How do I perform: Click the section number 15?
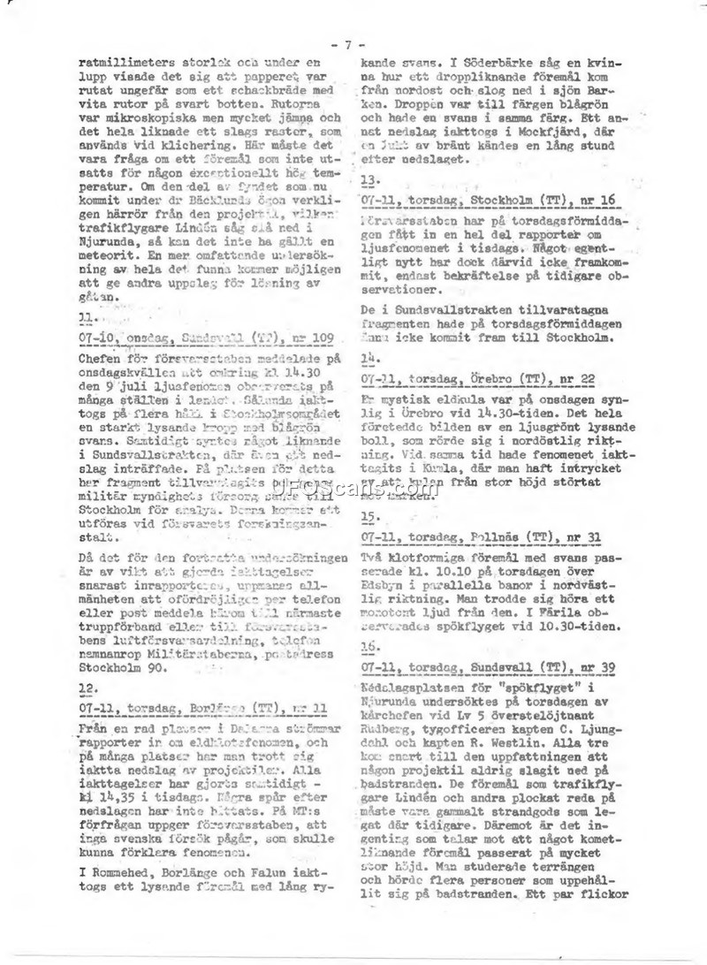369,517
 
